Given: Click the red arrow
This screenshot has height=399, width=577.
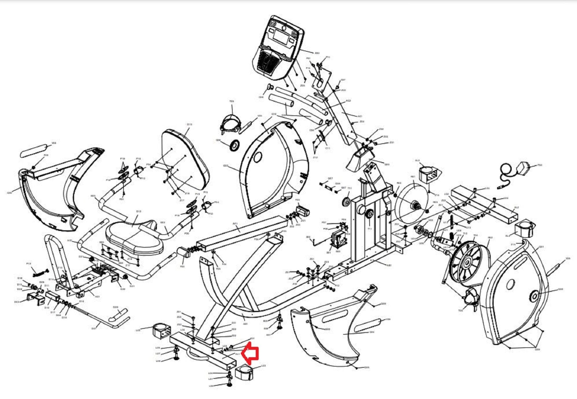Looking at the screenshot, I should [x=250, y=353].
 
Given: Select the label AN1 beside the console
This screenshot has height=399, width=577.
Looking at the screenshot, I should [x=317, y=53].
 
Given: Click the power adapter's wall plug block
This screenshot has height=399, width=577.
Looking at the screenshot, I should [x=524, y=166].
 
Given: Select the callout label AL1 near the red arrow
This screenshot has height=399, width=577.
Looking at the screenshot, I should [x=237, y=354].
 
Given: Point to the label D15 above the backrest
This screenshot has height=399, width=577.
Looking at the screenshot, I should [x=189, y=124].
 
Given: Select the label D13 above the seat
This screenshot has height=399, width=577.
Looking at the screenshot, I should [x=139, y=211].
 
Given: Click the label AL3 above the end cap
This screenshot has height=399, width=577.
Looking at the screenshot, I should [x=418, y=161].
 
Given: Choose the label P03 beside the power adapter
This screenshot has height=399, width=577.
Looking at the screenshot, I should [x=540, y=165].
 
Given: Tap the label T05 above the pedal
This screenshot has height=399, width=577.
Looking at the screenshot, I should [x=232, y=101].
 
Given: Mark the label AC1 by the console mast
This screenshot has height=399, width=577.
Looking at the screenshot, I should [x=360, y=116].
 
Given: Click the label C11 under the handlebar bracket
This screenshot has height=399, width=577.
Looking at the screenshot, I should [x=327, y=148].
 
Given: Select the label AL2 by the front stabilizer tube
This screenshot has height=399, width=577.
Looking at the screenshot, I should [x=516, y=207].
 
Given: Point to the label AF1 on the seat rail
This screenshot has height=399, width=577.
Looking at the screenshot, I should [x=235, y=223].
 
